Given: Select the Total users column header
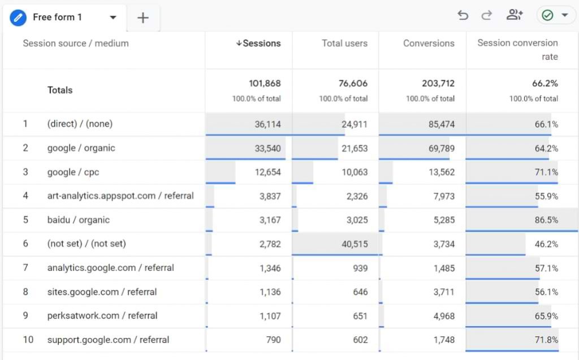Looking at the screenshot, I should tap(344, 44).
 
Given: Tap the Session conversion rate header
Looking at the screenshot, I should tap(517, 50).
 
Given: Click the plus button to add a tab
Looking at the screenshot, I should tap(143, 18).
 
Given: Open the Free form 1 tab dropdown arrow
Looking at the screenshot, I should tap(113, 18).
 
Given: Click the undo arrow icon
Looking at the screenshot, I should tap(463, 16).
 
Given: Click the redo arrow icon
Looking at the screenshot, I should tap(486, 16).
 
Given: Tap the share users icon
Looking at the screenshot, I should tap(515, 15).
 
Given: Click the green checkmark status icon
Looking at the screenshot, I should tap(547, 15).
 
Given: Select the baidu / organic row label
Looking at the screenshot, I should tap(79, 220).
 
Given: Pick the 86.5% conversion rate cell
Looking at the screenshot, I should tap(546, 220).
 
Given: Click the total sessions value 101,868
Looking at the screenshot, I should tap(265, 84).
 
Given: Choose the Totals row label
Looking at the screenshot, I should tap(60, 90).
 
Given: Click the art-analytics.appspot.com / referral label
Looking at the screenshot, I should tap(120, 196).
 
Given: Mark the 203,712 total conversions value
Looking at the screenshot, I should tap(438, 84).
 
